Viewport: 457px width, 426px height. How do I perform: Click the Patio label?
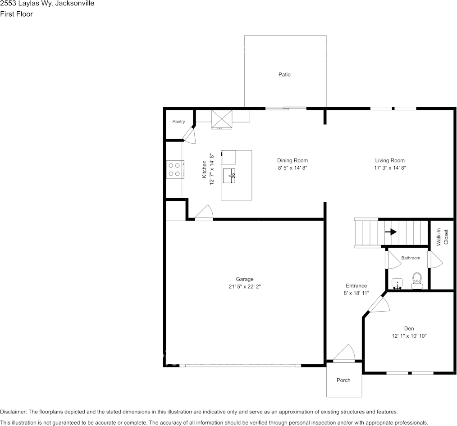(284, 74)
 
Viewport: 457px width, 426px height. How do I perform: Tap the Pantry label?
(178, 122)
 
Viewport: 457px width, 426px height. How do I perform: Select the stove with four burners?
(174, 169)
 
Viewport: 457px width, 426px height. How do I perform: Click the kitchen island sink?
(233, 174)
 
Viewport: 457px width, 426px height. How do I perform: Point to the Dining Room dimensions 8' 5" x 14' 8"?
(292, 168)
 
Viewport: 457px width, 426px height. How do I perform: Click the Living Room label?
(390, 160)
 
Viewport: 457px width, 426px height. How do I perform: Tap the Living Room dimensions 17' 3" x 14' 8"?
(390, 168)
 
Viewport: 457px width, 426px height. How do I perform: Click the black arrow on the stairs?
(390, 232)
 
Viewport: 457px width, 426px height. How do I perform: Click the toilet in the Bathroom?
(417, 280)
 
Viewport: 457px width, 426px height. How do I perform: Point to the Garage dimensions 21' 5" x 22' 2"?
(245, 286)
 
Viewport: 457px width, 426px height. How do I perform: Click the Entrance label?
(356, 286)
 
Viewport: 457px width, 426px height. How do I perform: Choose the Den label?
(409, 329)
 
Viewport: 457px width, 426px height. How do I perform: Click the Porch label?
(343, 380)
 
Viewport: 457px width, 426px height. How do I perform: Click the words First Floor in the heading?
(16, 14)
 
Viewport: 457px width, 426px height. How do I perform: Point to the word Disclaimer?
(13, 412)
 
